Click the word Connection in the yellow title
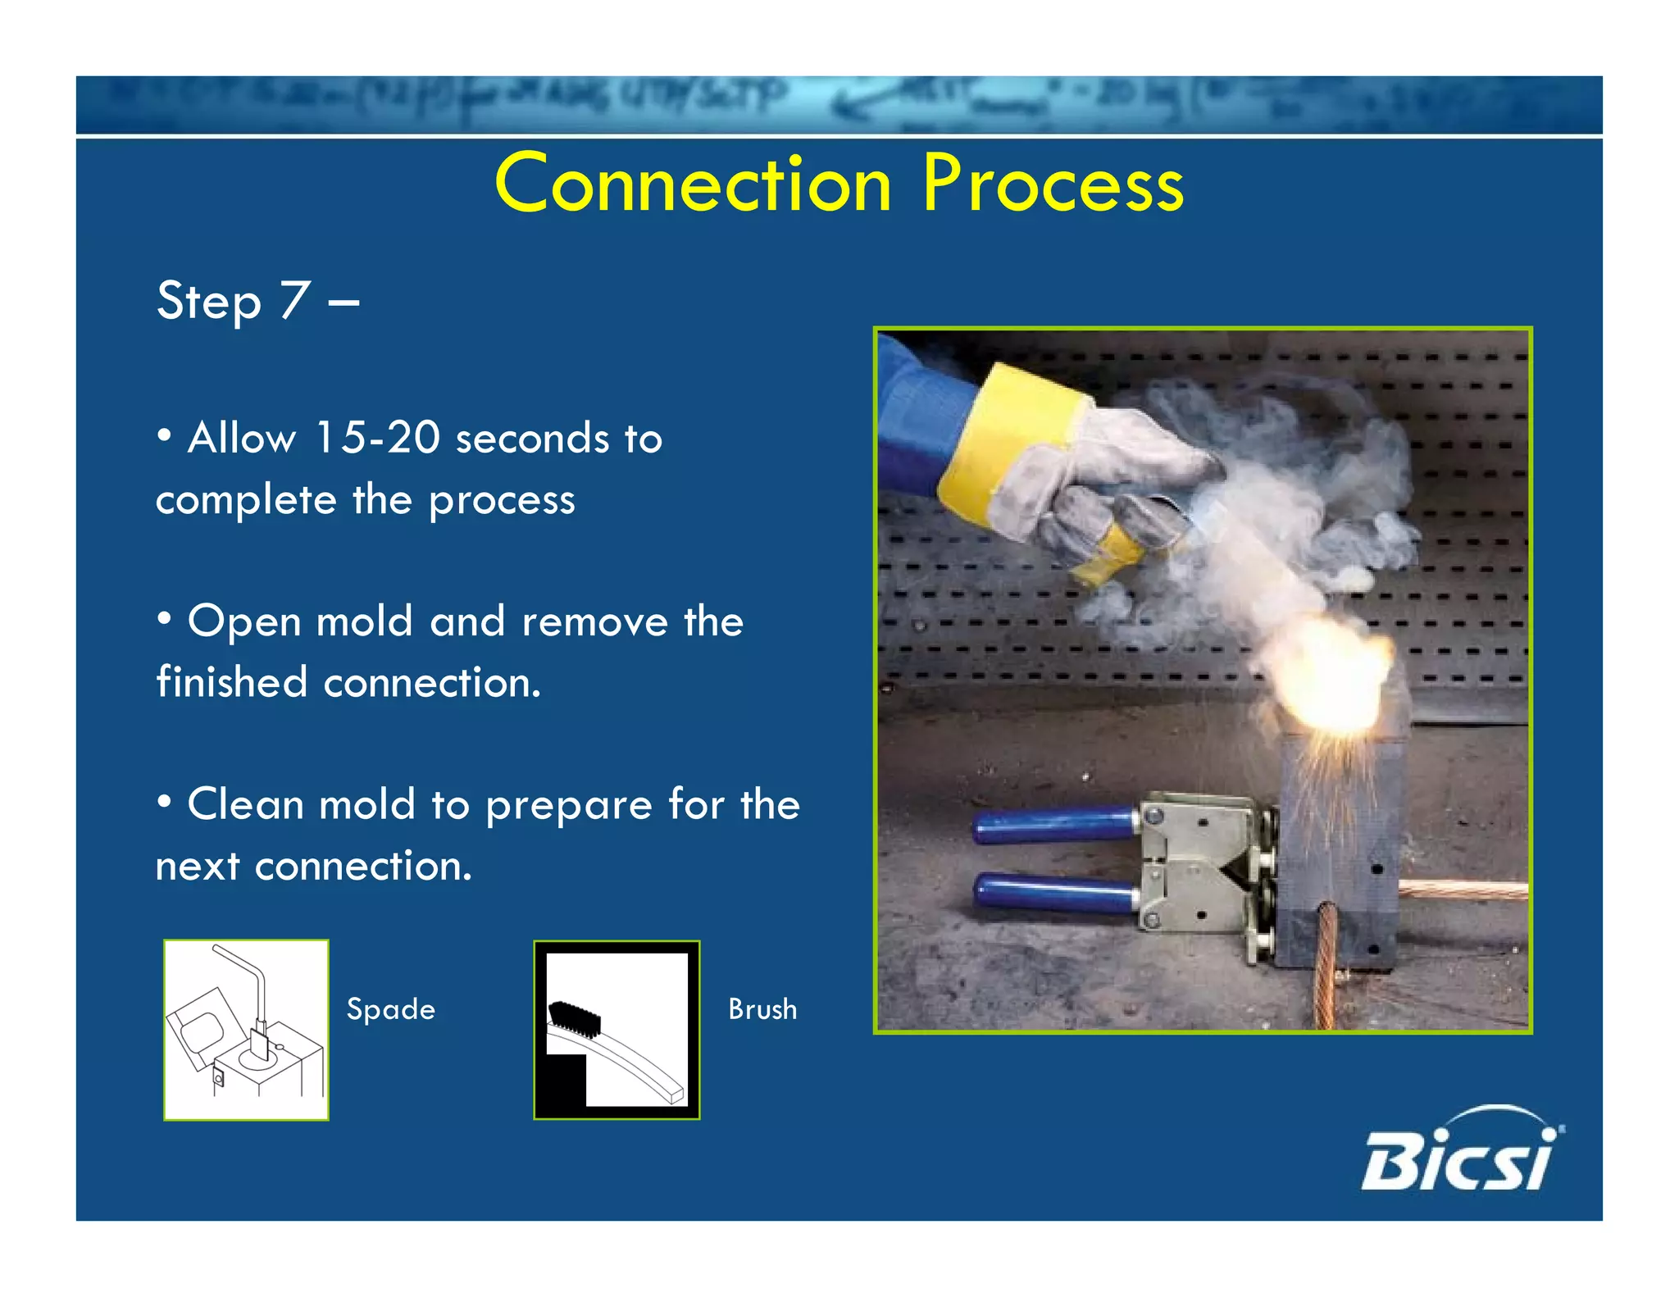(693, 184)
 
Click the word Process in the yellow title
(1053, 184)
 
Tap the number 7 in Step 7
(294, 300)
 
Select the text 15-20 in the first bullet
(377, 437)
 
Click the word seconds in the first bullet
(533, 439)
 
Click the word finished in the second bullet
(231, 682)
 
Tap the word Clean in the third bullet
(245, 804)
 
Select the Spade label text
(390, 1009)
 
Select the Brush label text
(762, 1009)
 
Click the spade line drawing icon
(246, 1030)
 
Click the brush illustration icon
(617, 1030)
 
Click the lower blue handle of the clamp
(1053, 894)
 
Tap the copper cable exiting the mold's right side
(1463, 890)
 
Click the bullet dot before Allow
(165, 437)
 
